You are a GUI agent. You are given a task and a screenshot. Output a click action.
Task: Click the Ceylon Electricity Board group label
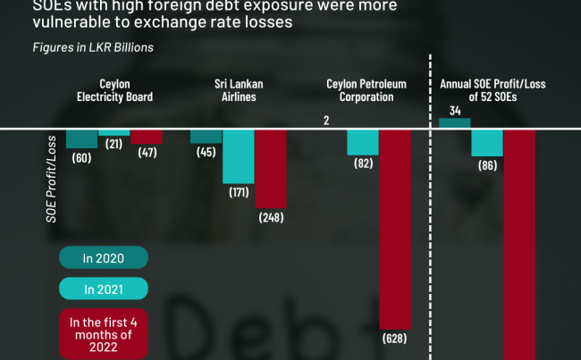[114, 91]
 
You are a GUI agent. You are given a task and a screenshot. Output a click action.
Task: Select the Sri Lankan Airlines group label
[239, 91]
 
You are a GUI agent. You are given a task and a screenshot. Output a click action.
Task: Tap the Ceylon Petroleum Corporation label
[366, 91]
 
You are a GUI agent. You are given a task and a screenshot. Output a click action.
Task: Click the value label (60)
[82, 158]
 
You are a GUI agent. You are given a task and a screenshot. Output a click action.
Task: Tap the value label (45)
[206, 152]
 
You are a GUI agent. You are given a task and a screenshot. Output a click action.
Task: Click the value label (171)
[239, 192]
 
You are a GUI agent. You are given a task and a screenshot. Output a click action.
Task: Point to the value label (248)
[272, 216]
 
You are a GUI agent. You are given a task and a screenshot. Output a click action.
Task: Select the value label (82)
[362, 164]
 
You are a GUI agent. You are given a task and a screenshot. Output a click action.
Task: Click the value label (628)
[395, 339]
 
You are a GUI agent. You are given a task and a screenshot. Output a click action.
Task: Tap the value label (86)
[487, 166]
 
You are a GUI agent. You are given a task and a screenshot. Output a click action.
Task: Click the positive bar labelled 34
[454, 124]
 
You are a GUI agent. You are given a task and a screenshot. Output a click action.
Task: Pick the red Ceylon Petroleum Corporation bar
[395, 228]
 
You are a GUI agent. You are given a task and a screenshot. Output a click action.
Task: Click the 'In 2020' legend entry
[103, 258]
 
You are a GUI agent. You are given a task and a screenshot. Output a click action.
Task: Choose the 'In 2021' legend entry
[103, 289]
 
